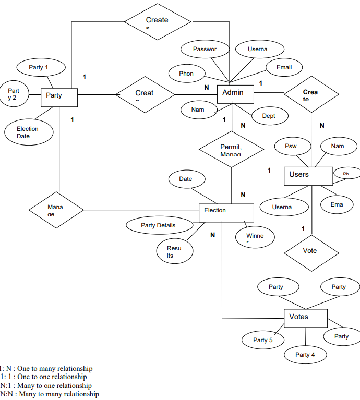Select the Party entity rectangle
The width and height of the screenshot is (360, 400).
tap(59, 97)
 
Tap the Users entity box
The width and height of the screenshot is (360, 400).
tap(308, 176)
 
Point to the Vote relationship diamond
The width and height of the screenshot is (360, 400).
tap(310, 251)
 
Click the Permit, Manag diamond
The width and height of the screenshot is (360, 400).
tap(231, 149)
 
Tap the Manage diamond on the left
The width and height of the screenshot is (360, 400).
tap(55, 210)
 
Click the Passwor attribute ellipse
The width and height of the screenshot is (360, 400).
tap(205, 49)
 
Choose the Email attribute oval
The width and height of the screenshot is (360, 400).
tap(284, 67)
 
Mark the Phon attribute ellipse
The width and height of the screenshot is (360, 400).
tap(187, 74)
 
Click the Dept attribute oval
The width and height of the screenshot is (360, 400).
tap(269, 116)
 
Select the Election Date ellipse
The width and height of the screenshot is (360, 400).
tap(28, 132)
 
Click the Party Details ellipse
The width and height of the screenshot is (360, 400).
tap(159, 225)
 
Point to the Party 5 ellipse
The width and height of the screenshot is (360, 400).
tap(263, 340)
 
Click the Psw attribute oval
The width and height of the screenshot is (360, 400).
tap(291, 146)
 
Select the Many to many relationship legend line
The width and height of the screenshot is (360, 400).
tap(50, 394)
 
